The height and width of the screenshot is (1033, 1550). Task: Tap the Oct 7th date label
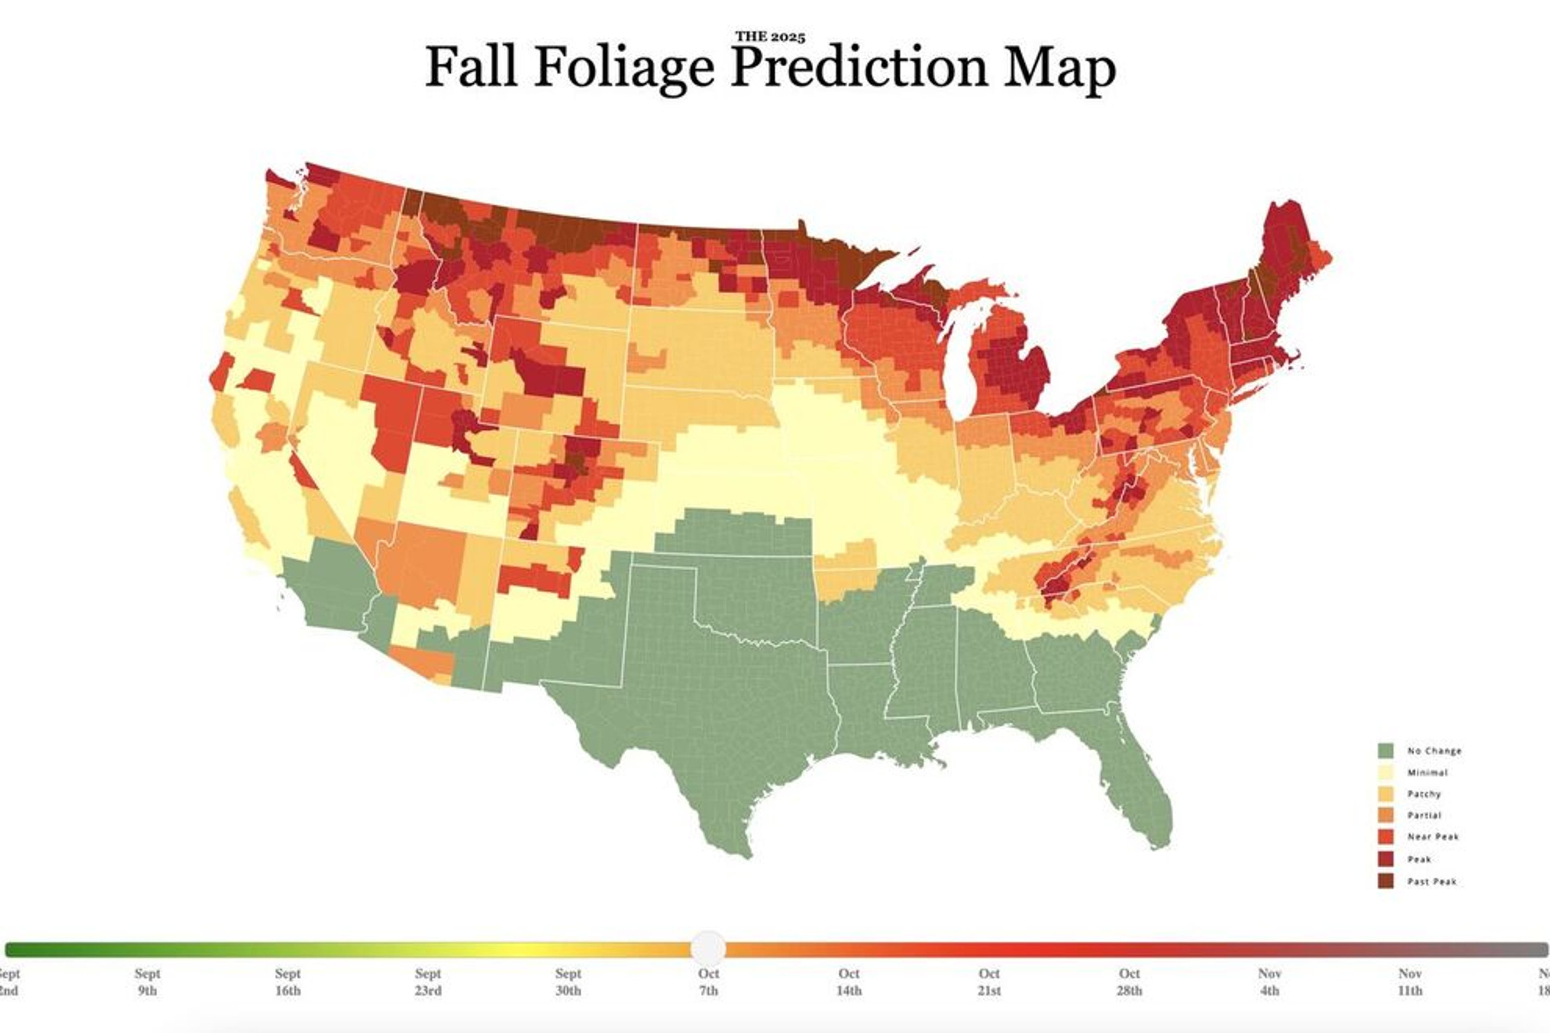708,982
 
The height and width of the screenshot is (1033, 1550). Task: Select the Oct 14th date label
849,982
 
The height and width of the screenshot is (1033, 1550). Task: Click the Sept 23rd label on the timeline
428,982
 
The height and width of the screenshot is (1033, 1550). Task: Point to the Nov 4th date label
1269,982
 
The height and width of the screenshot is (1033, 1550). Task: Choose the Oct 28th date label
1129,982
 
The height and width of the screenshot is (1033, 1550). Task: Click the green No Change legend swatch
1385,751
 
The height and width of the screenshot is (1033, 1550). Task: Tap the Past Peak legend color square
1385,881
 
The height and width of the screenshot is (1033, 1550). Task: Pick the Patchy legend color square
1385,794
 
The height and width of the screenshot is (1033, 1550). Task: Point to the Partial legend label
1424,816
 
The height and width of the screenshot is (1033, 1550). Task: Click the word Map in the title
1059,68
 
